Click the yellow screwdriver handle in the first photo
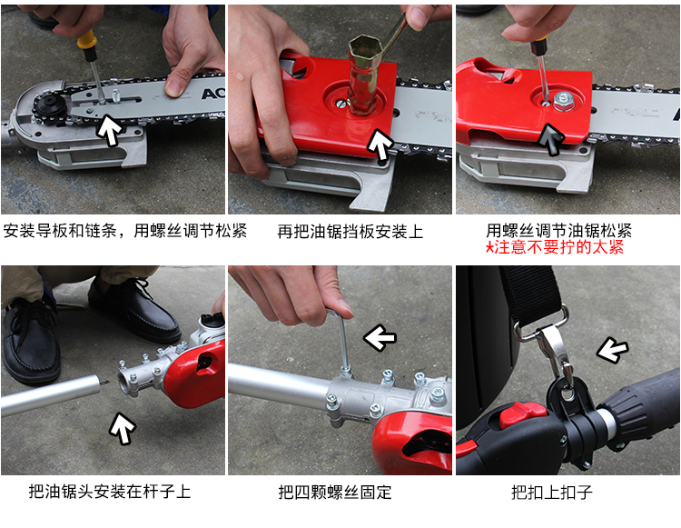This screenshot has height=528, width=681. click(x=87, y=40)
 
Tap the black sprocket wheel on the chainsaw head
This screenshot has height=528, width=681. click(x=49, y=106)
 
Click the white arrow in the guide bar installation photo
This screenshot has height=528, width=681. click(x=109, y=130)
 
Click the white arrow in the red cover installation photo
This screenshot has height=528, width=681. click(x=380, y=144)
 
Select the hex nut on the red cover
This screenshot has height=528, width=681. click(x=564, y=101)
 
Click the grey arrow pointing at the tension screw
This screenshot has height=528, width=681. click(x=551, y=139)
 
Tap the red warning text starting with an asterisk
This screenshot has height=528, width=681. click(x=555, y=247)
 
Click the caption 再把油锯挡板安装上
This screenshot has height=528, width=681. click(x=350, y=231)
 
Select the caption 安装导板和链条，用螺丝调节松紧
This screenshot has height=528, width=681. click(x=125, y=230)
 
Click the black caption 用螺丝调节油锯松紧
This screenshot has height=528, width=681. click(x=559, y=230)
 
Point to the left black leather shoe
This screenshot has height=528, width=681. click(x=31, y=340)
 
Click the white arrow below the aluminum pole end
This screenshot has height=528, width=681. click(x=123, y=428)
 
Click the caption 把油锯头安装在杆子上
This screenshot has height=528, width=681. click(x=110, y=492)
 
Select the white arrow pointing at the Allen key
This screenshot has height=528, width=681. click(x=380, y=337)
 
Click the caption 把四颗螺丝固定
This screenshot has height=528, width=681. click(x=335, y=493)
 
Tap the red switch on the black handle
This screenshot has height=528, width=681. click(x=522, y=414)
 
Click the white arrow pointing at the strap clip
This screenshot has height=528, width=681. click(x=612, y=349)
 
